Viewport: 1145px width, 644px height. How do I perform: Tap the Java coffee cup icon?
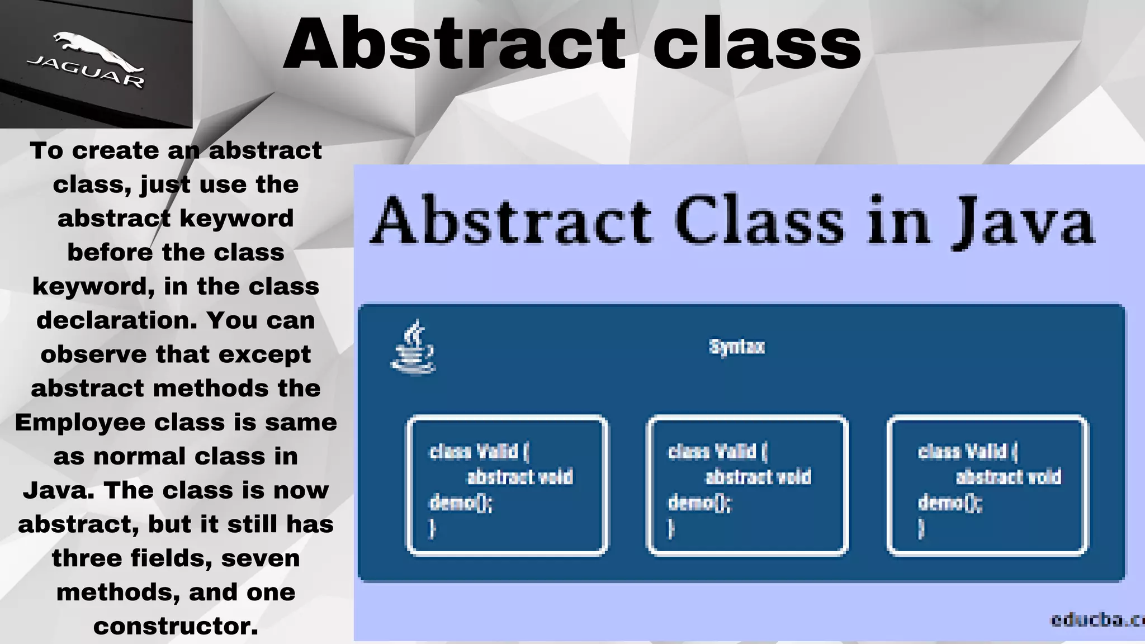click(x=413, y=347)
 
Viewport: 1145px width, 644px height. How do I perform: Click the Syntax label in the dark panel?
click(x=736, y=347)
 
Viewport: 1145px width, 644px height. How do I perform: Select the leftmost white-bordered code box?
click(x=507, y=485)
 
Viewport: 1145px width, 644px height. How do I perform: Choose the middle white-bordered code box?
click(x=747, y=485)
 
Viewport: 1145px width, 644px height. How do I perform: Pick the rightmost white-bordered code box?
click(x=987, y=485)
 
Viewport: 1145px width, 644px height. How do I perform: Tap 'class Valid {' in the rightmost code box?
click(x=967, y=451)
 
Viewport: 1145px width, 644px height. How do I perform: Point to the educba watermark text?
click(x=1096, y=619)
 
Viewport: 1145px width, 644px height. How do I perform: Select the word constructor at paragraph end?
click(x=176, y=626)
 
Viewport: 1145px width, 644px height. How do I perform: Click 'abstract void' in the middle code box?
click(x=758, y=477)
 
